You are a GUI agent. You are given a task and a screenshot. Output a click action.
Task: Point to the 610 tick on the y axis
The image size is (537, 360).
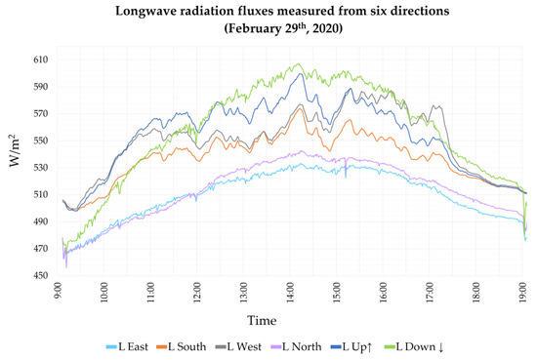coord(40,60)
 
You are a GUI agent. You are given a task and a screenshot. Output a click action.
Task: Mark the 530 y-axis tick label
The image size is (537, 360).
coord(40,168)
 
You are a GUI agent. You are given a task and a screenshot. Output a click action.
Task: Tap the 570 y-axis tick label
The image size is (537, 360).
coord(40,113)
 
